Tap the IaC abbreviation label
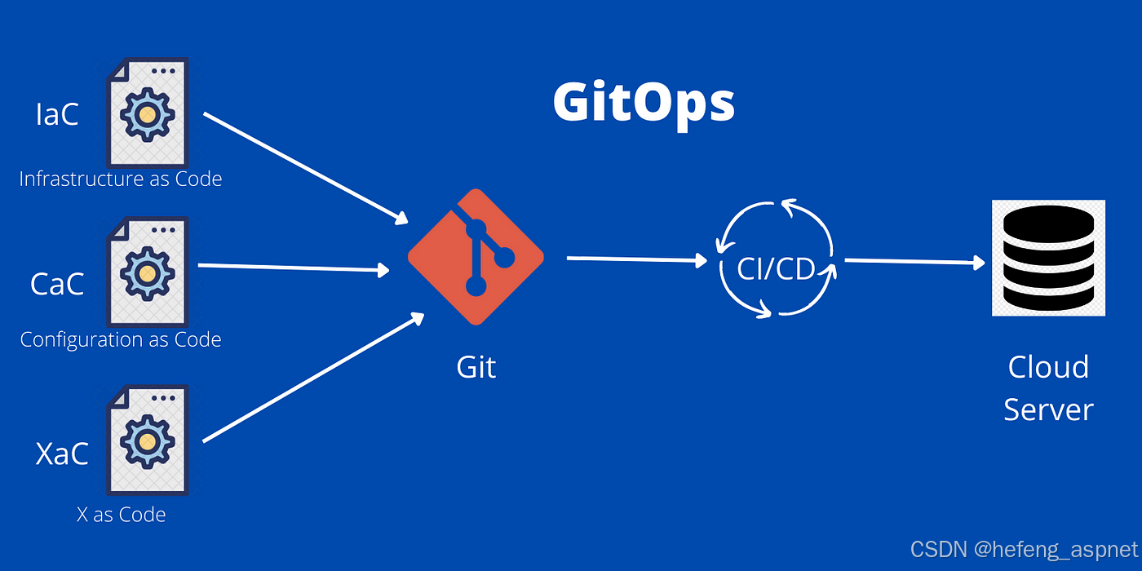coord(57,115)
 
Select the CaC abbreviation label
coord(57,284)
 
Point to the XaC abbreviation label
coord(62,454)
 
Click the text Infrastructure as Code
coord(121,179)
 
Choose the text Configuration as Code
coord(121,339)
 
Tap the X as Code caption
coord(121,515)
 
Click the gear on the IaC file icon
coord(147,115)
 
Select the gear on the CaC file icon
coord(147,274)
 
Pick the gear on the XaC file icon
coord(147,441)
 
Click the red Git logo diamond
coord(476,257)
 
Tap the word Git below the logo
coord(476,367)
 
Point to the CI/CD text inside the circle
coord(776,268)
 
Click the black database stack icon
coord(1048,258)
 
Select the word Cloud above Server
coord(1048,367)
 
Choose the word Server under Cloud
coord(1048,409)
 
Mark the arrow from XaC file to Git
coord(313,378)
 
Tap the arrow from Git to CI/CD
coord(636,259)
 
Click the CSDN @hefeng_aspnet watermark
coord(1024,548)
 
